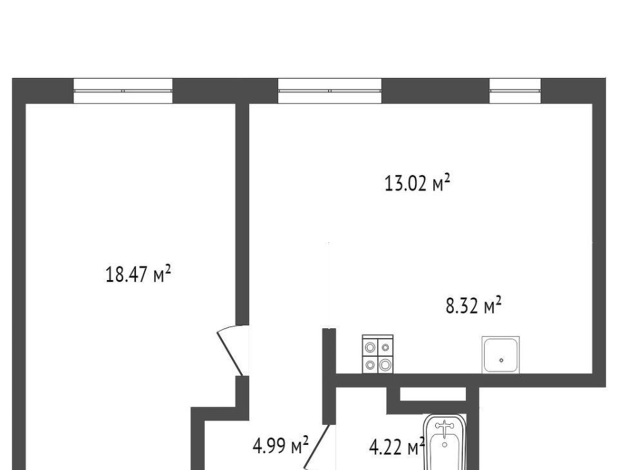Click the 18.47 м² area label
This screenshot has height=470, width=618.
[138, 274]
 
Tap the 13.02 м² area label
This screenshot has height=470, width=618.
[417, 183]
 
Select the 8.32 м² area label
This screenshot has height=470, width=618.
[473, 306]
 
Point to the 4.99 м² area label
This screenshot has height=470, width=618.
[280, 446]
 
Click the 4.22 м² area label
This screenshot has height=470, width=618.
[397, 447]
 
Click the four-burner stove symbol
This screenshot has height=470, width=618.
[378, 353]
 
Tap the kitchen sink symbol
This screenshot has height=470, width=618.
[501, 355]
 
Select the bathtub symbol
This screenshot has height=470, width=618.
[445, 442]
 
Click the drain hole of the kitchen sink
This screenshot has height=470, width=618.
[501, 360]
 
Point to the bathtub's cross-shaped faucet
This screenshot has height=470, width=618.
[445, 427]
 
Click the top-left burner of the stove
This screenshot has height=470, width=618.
[370, 348]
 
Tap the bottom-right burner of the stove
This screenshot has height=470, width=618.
[385, 365]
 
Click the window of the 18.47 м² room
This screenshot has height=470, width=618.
[123, 91]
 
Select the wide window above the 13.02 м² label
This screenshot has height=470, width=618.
[330, 91]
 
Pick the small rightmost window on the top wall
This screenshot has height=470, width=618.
[515, 91]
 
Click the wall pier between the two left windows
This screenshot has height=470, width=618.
[225, 91]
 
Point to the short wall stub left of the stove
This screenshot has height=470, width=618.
[329, 376]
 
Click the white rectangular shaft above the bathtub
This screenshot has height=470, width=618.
[433, 394]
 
